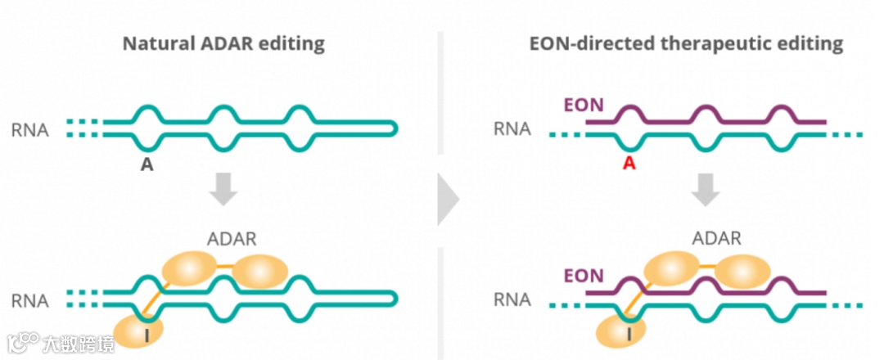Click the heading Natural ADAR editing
pos(223,43)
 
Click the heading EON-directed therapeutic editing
pos(686,43)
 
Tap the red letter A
pos(629,164)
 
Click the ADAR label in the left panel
pos(231,239)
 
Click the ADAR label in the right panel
pos(716,239)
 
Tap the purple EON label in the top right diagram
pos(584,106)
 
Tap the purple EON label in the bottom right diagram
pos(584,276)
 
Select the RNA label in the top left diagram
pos(30,129)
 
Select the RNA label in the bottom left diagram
pos(30,300)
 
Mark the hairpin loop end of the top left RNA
pos(395,128)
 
